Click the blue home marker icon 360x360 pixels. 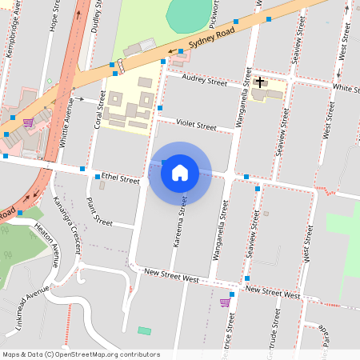point(180,173)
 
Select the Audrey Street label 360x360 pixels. point(205,80)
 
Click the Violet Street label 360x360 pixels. point(197,126)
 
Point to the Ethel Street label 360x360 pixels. point(120,178)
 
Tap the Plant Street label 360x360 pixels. point(99,213)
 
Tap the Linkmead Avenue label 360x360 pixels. point(26,315)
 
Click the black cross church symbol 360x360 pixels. point(260,82)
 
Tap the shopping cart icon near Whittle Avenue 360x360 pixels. point(28,122)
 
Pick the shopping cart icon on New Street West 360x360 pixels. point(225,302)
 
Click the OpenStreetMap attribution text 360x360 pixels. point(81,354)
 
